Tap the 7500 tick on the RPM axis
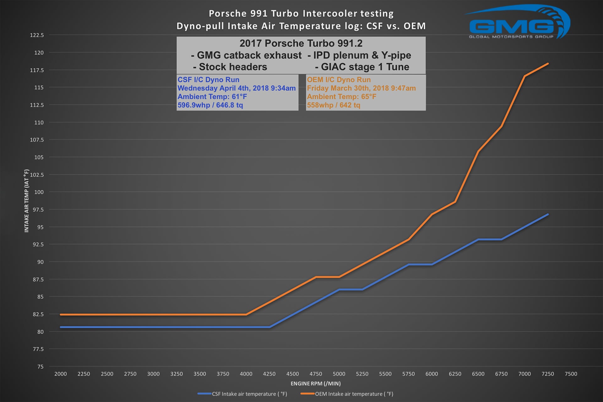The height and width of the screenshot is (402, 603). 571,374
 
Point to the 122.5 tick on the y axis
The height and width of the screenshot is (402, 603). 37,35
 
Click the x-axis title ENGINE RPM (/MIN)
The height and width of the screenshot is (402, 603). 315,383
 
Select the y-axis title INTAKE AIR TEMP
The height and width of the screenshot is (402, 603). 26,201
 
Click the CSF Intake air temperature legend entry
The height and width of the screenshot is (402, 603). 242,394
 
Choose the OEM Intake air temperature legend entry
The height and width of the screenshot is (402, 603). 347,394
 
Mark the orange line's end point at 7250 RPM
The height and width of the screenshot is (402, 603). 548,64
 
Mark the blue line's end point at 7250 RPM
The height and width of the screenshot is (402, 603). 548,215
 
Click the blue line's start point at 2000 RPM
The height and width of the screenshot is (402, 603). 61,327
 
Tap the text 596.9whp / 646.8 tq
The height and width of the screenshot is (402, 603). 210,105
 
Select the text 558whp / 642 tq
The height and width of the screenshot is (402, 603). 334,105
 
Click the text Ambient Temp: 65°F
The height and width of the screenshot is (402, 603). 341,97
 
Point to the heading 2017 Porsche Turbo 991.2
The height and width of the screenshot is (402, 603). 301,43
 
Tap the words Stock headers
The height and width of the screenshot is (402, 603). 230,67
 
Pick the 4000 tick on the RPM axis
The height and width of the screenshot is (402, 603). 246,374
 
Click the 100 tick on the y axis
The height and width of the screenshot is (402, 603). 39,192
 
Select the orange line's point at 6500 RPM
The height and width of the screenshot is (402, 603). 478,151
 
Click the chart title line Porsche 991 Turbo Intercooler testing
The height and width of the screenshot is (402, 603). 301,14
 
